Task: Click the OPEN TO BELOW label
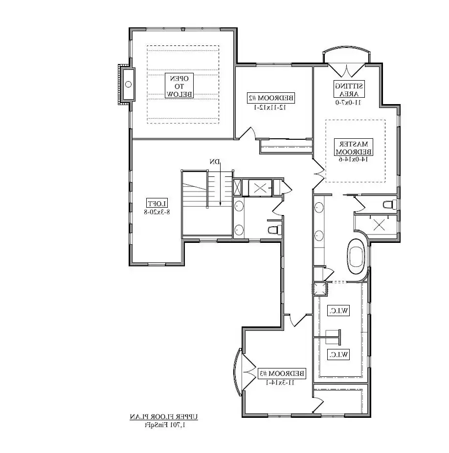[x=180, y=86]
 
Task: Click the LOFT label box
[x=157, y=203]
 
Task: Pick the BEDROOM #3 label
[x=282, y=374]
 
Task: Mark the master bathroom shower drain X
[x=380, y=225]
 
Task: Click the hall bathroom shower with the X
[x=260, y=187]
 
